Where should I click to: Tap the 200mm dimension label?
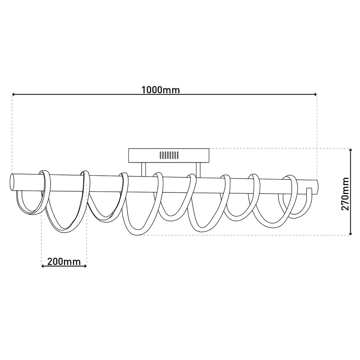click(64, 262)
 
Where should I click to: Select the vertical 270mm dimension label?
click(345, 194)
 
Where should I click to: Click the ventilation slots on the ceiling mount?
click(169, 155)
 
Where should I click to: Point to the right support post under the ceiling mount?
click(198, 170)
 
